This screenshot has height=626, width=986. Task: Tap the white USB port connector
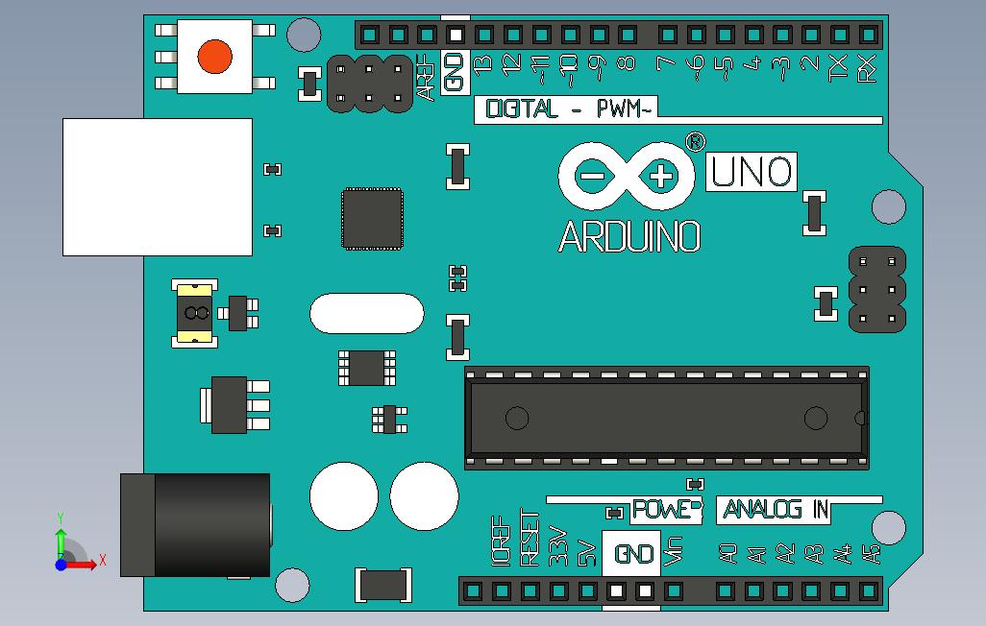[x=157, y=186]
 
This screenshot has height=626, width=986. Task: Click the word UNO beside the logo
[x=752, y=173]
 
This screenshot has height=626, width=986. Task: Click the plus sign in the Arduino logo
[x=661, y=176]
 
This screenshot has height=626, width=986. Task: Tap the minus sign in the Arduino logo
[x=592, y=176]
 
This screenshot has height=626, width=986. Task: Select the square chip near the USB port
[x=372, y=218]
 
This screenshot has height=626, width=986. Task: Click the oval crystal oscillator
[x=366, y=313]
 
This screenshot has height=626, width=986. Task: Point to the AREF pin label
[x=426, y=78]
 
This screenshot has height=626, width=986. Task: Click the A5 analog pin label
[x=871, y=554]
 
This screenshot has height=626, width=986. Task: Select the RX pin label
[x=867, y=68]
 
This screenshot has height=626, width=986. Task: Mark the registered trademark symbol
[x=694, y=142]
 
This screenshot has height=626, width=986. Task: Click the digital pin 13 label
[x=483, y=65]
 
